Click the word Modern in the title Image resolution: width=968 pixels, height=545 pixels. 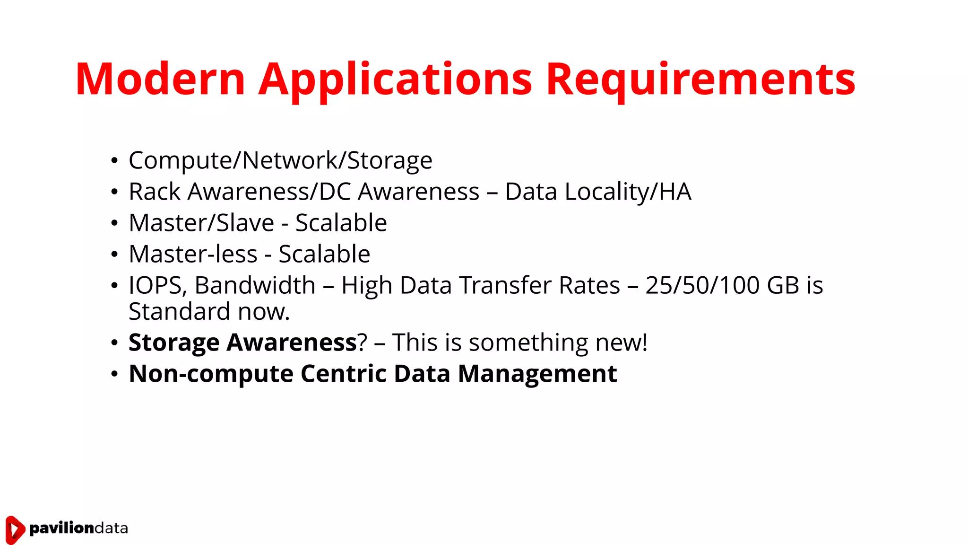point(160,79)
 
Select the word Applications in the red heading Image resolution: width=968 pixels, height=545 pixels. point(395,79)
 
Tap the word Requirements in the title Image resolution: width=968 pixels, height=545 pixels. point(700,79)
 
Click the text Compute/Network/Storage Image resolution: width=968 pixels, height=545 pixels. point(280,160)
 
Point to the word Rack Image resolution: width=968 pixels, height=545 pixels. point(155,192)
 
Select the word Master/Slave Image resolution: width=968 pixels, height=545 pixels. point(201,223)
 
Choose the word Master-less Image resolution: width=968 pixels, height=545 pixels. point(193,254)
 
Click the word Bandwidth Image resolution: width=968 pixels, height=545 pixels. point(255,285)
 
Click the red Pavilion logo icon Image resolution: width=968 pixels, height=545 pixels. point(15,529)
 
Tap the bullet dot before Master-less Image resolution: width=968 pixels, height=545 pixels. point(114,255)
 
